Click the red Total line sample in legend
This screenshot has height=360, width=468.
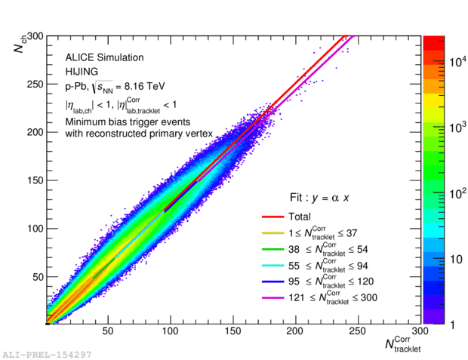(273, 217)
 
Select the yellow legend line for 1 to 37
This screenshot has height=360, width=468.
(273, 232)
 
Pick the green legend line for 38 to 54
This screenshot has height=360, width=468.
(273, 248)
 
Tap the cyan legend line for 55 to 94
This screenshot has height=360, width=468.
(273, 265)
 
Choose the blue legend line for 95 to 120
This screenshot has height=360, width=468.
(273, 281)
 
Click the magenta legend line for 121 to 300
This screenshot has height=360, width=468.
(273, 297)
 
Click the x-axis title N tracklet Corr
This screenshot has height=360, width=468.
(402, 344)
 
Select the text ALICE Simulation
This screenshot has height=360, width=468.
(104, 58)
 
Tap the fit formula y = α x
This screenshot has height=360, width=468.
(325, 198)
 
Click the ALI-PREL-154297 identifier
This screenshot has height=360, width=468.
(46, 353)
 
